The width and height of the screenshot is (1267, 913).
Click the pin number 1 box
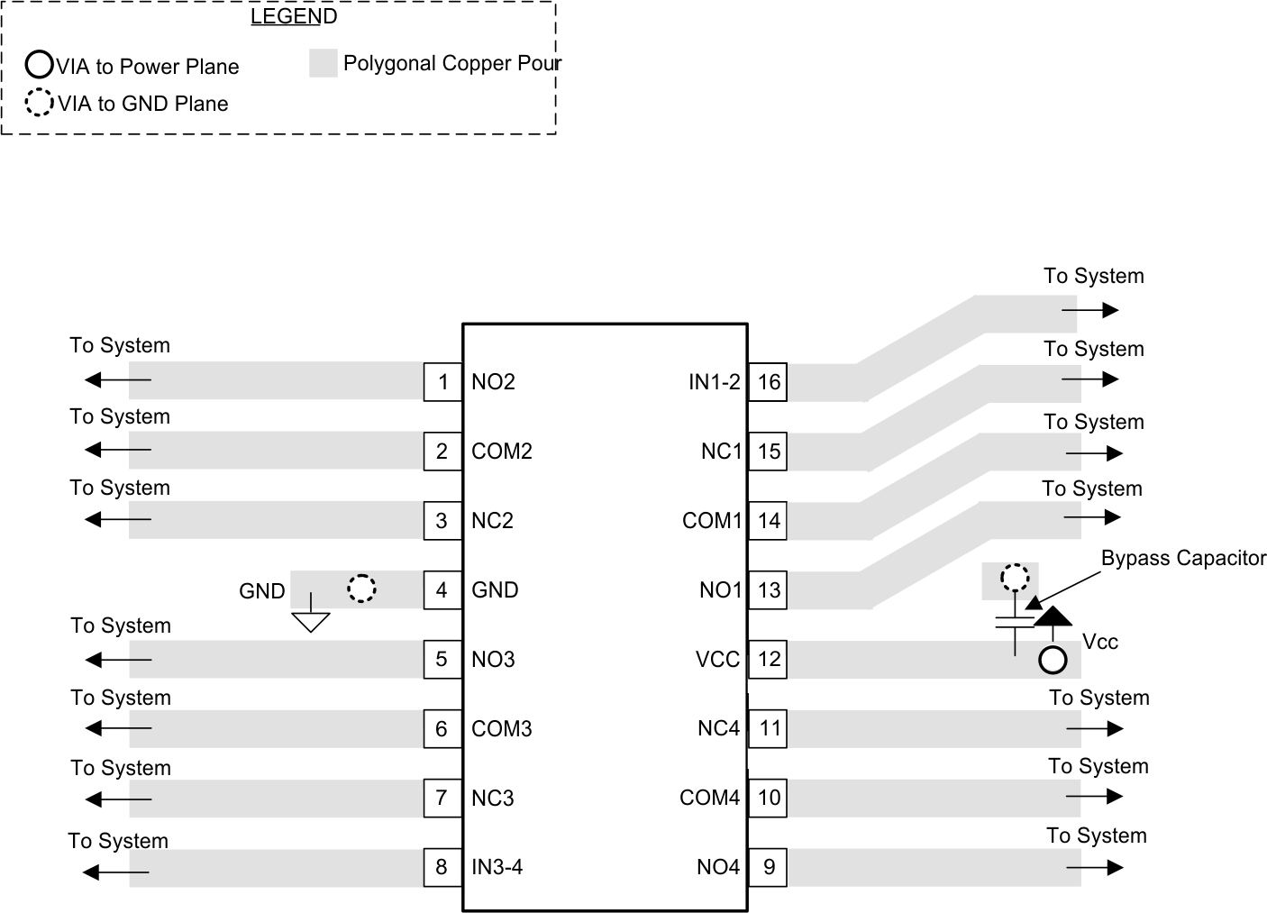tap(442, 381)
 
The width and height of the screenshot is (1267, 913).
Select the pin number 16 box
tap(768, 381)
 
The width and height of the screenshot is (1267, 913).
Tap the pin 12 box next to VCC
tap(768, 659)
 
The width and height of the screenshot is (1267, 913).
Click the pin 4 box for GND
tap(442, 589)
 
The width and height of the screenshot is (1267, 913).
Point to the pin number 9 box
tap(768, 867)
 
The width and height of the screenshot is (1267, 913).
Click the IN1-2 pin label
tap(714, 382)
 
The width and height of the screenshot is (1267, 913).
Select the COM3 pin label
tap(502, 728)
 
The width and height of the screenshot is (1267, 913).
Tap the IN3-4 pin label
tap(497, 867)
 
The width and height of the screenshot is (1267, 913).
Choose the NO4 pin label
tap(718, 867)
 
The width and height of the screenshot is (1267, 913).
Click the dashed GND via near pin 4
tap(361, 589)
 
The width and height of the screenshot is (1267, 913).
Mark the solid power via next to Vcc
tap(1053, 661)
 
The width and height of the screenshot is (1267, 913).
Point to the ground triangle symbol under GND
tap(311, 621)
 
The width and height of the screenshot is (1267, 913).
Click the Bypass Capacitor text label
tap(1183, 558)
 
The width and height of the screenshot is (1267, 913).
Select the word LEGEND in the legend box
tap(294, 16)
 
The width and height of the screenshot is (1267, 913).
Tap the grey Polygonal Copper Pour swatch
tap(323, 63)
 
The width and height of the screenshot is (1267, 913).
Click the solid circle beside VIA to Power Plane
tap(39, 65)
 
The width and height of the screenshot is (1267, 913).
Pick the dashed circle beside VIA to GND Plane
tap(39, 103)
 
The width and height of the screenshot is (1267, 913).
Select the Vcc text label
tap(1100, 642)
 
